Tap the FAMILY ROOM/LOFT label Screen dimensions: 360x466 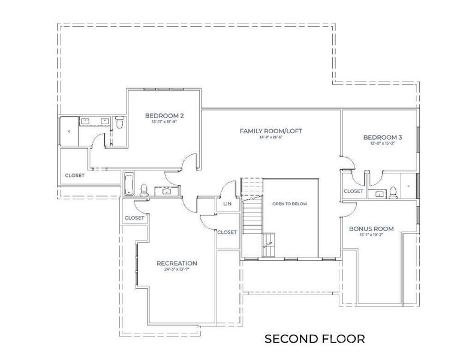coord(270,130)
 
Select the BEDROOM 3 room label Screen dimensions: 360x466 coord(382,137)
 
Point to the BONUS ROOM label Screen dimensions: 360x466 coord(371,229)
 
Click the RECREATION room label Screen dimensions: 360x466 coord(176,263)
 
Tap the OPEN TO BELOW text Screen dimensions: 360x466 coord(290,204)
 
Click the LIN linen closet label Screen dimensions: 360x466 coord(227,204)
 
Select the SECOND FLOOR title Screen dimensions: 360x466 coord(314,339)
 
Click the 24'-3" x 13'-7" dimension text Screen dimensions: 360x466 coord(176,269)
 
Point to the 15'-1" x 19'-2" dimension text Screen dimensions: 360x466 coord(371,235)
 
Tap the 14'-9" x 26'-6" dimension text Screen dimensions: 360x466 coord(270,137)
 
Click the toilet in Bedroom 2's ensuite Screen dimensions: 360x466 coord(119,124)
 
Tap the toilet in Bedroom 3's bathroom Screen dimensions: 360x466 coord(393,192)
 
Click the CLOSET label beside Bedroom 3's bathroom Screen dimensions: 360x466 coord(353,191)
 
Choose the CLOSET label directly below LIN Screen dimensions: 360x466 coord(227,232)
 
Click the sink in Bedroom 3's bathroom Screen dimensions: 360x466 coord(380,193)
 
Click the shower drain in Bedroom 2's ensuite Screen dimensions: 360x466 coord(69,130)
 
